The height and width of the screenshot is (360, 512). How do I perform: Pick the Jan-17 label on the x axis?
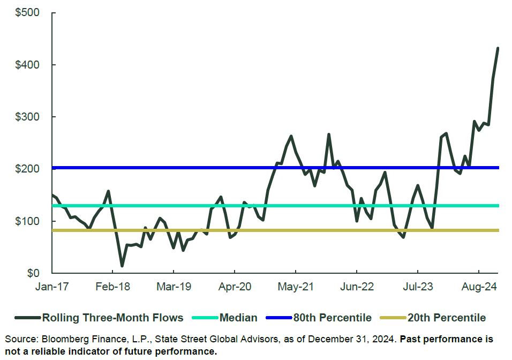tap(52, 287)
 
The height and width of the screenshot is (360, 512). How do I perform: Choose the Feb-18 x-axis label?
tap(113, 287)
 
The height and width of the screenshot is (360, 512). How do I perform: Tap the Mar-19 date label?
tap(174, 287)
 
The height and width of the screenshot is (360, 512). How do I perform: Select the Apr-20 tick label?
tap(235, 287)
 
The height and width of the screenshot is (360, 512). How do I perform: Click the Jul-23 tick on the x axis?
tap(418, 287)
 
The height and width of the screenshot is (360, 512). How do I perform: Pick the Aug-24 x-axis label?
tap(479, 287)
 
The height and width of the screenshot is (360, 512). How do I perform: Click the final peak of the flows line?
tap(498, 48)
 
